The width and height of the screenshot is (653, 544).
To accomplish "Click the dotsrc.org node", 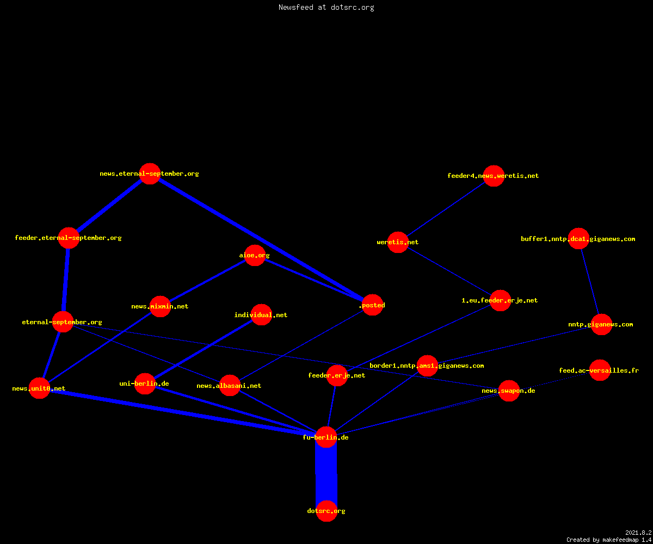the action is point(326,511).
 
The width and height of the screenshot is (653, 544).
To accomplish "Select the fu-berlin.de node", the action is point(326,437).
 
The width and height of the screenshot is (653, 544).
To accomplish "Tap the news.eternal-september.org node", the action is point(150,174).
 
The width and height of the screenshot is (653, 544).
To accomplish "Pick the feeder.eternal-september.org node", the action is point(69,238).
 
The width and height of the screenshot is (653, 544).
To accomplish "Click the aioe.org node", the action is point(255,255).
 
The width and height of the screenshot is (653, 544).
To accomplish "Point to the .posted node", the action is point(372,305).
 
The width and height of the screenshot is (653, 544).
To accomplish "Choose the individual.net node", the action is point(261,314).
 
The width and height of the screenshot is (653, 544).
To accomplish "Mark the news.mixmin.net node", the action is point(160,306).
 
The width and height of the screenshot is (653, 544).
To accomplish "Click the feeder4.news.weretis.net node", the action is point(494,176).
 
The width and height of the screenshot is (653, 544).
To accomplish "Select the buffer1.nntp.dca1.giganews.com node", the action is point(578,239).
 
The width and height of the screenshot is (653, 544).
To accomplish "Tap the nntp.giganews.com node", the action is point(601,324).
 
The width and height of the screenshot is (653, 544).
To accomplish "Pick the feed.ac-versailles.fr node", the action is point(600,370).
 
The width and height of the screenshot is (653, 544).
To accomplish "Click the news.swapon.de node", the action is point(509,391).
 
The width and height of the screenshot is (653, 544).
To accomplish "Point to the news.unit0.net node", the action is point(39,388).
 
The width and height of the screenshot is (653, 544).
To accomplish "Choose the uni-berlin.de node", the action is point(145,384).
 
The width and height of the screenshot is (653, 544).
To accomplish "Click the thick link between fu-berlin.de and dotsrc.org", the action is point(326,474).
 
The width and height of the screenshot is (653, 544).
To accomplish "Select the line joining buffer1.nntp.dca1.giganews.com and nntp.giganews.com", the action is point(590,281).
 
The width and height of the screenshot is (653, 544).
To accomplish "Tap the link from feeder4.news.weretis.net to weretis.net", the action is point(446,209).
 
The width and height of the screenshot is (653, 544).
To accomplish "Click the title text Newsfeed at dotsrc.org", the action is point(326,7).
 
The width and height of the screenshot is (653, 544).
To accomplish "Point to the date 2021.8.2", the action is point(638,533).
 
